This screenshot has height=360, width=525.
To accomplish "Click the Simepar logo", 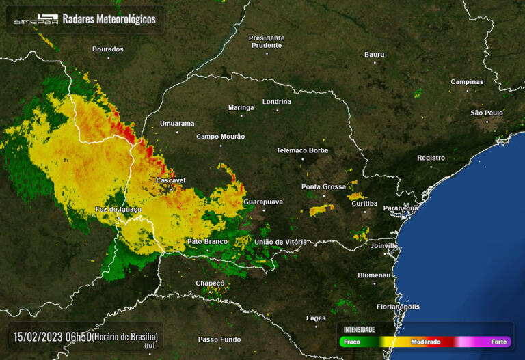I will coord(36,20).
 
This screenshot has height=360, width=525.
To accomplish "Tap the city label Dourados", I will coord(108,49).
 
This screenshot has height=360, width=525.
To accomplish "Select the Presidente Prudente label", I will coord(266,41).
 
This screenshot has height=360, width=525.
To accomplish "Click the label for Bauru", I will coord(374,54).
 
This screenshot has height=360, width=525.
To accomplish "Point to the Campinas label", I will coord(467,82).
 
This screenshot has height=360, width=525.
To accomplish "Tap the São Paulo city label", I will coord(487,113).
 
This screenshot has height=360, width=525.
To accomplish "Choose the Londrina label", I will coord(277,102).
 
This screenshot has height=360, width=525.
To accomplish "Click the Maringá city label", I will coord(241,107).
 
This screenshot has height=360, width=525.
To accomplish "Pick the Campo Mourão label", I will coord(220,136).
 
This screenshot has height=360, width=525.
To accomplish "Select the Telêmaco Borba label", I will coord(302,150).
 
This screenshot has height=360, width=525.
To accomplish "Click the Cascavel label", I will coord(171,180).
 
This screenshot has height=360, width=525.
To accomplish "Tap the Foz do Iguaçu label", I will coord(118,209).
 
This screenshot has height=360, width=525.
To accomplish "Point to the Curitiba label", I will coord(364,204).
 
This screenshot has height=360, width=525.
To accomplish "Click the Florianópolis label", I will coord(398,307).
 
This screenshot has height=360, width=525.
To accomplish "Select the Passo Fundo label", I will coord(219,340).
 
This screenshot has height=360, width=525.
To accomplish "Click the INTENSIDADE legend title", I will coord(359,329).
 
